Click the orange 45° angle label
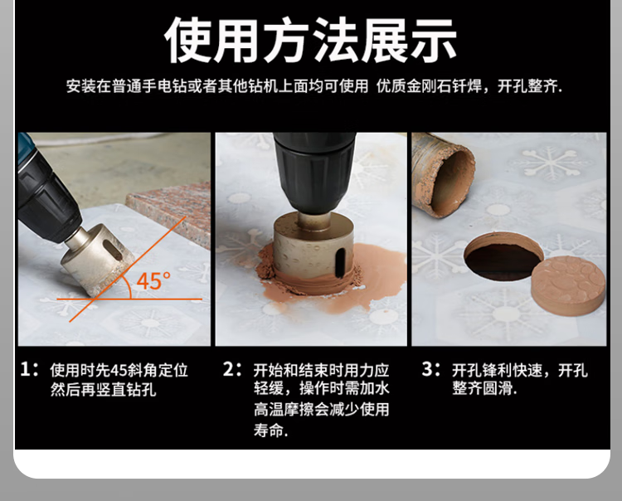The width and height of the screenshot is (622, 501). point(153,281)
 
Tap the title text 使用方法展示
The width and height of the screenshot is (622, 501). point(310,40)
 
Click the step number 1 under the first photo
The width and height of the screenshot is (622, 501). point(26,369)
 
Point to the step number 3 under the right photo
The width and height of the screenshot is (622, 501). point(428,369)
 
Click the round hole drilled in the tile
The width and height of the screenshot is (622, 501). point(503,257)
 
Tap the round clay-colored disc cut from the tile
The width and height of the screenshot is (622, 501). point(568,285)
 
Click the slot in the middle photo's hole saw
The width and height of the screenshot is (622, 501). point(339,262)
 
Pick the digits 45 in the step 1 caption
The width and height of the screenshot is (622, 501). point(119,370)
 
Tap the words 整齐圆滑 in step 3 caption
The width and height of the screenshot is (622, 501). point(482,388)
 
